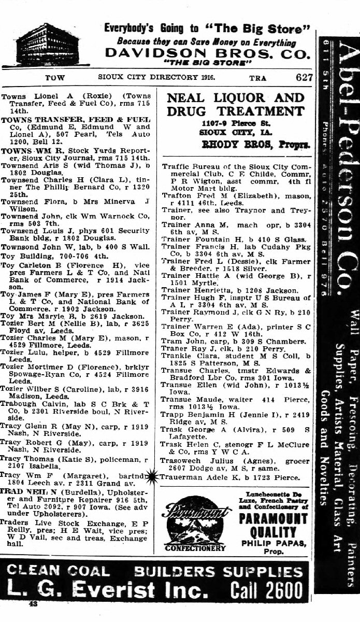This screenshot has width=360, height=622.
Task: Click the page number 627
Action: [304, 77]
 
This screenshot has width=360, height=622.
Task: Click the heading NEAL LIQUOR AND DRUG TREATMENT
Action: [235, 104]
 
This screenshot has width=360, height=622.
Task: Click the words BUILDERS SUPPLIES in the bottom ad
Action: [218, 571]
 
